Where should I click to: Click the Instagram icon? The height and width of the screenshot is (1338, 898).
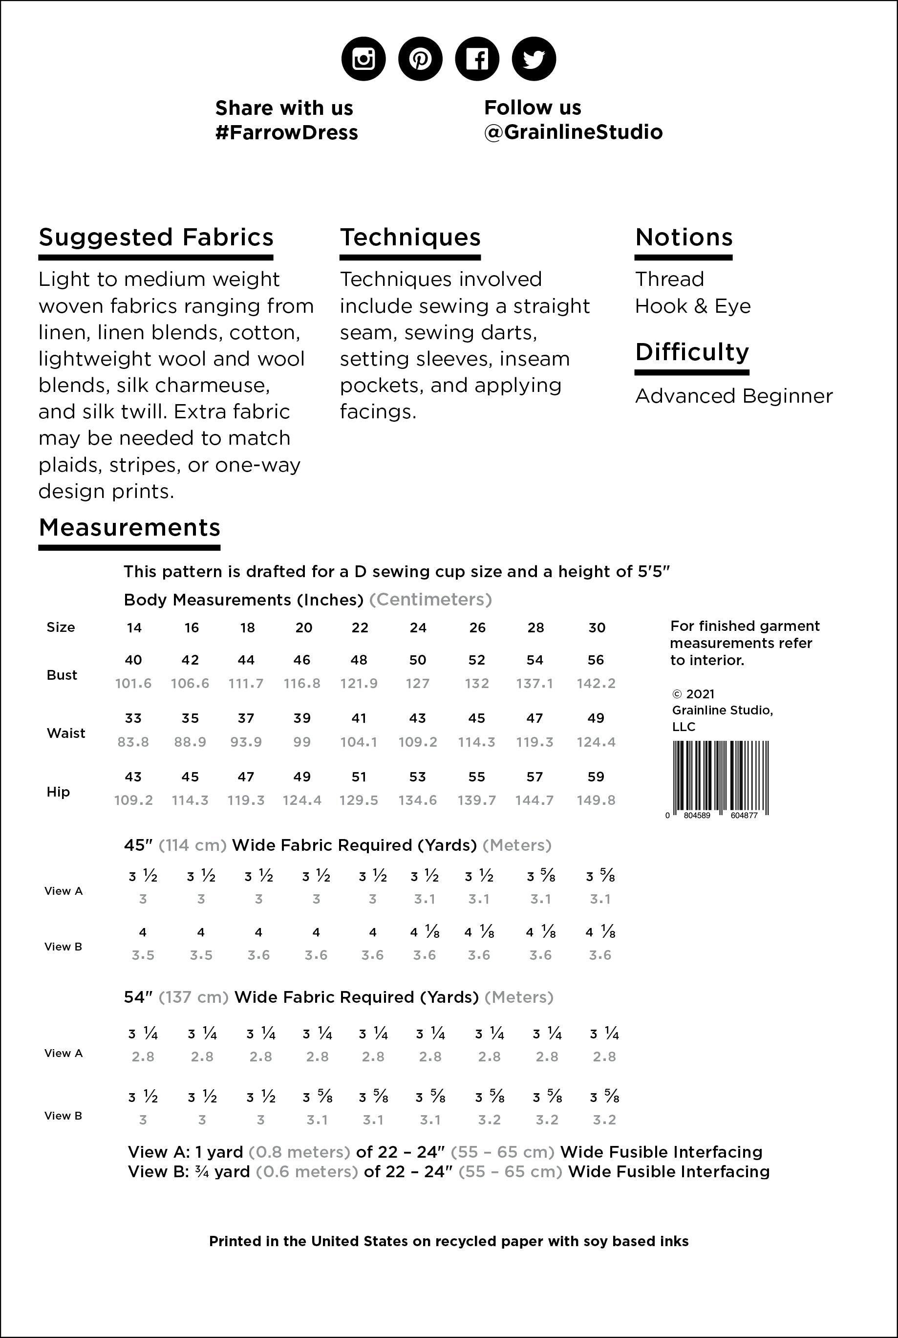point(363,59)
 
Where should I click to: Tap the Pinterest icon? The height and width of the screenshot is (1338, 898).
point(420,59)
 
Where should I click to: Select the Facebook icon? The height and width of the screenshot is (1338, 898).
point(476,59)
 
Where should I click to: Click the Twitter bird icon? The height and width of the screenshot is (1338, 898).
point(533,59)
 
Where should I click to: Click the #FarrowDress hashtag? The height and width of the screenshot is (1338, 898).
point(286,132)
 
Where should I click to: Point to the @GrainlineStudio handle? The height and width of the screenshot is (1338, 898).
point(573,132)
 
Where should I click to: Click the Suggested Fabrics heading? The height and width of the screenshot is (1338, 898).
point(156,237)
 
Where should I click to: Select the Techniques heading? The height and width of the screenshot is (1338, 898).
point(410,237)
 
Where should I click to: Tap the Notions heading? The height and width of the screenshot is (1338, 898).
point(684,237)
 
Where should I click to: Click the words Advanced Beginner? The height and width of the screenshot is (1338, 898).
point(734,396)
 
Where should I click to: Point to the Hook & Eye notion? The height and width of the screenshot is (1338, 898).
point(692,306)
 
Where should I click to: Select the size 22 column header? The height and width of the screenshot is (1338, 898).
point(360,628)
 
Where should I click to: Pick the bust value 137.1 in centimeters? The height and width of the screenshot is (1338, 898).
point(535,683)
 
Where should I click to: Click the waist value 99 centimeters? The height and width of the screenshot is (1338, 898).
point(302,742)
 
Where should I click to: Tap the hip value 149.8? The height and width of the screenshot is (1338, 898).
point(596,800)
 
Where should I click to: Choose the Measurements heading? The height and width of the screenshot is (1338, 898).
point(129,527)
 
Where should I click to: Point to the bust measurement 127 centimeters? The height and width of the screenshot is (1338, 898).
point(418,683)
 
